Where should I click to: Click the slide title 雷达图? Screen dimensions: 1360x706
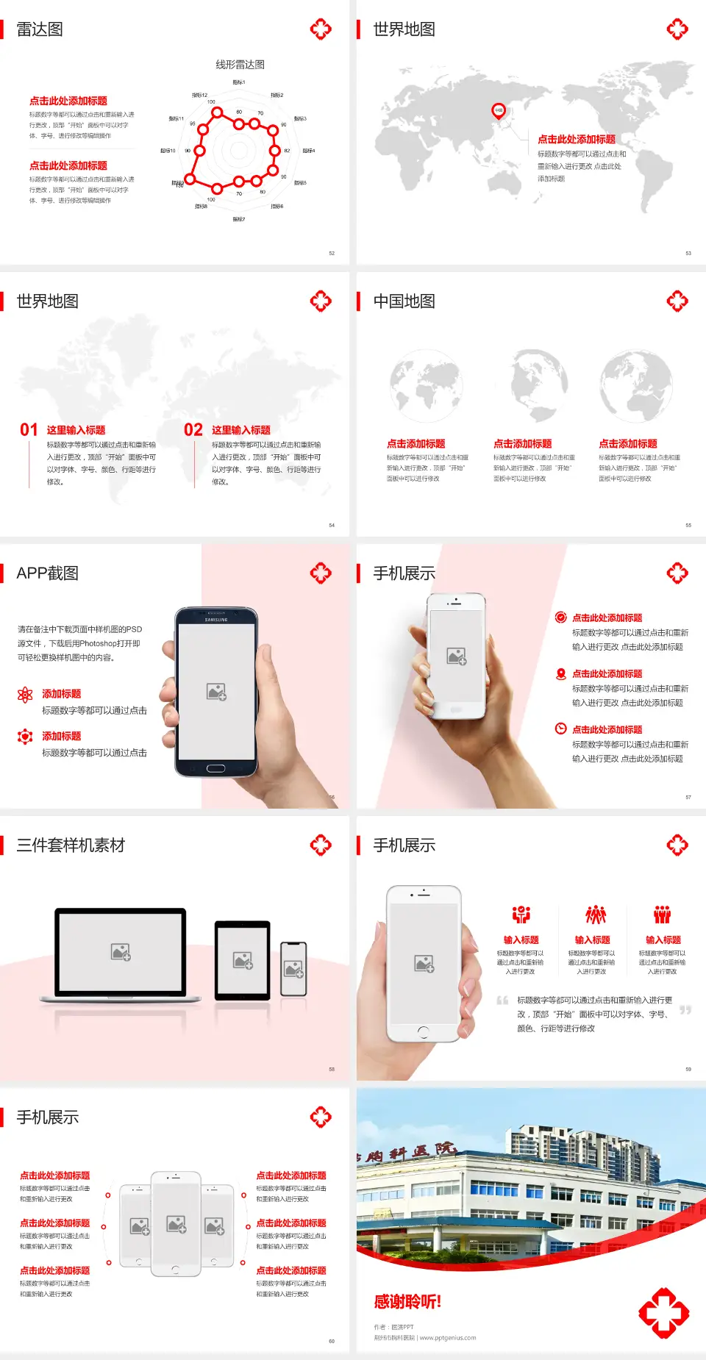click(x=40, y=29)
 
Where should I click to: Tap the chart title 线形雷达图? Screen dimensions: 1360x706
click(x=240, y=65)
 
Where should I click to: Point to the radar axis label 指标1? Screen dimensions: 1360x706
click(x=239, y=82)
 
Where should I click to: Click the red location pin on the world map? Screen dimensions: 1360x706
click(x=498, y=111)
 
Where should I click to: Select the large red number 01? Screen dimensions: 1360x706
click(x=29, y=430)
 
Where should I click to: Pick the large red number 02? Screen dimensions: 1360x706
click(x=193, y=430)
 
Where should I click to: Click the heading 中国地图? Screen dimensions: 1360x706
click(x=404, y=301)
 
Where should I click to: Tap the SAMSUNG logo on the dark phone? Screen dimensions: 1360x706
click(x=216, y=620)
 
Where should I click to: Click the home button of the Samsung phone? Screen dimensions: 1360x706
click(x=215, y=768)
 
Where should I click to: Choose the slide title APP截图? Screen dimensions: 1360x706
click(x=48, y=573)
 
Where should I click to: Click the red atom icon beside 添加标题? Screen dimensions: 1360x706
click(x=25, y=695)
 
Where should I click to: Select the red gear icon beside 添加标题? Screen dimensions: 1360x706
click(x=25, y=737)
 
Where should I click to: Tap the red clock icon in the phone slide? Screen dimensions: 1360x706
click(x=560, y=729)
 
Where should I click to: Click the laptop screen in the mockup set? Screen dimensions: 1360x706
click(x=121, y=951)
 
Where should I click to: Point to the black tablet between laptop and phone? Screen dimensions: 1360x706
click(x=243, y=960)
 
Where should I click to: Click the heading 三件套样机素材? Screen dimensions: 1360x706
click(x=71, y=845)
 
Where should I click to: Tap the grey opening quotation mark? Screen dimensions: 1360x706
click(x=502, y=1000)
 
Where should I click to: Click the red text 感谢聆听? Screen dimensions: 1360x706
click(x=407, y=1302)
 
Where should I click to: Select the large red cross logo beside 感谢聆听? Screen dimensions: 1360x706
click(x=663, y=1312)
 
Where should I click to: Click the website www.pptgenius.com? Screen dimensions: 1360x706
click(x=448, y=1338)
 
